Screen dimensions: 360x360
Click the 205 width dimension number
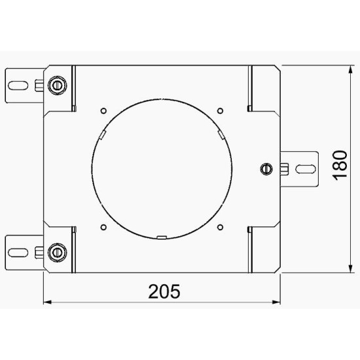tap(164, 291)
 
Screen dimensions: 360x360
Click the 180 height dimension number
tap(340, 166)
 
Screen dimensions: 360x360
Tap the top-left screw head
tap(57, 85)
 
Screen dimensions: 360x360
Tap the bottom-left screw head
tap(57, 252)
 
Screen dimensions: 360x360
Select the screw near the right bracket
tap(266, 169)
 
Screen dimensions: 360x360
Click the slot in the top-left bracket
tap(18, 86)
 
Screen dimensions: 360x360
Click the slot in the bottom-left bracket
tap(18, 253)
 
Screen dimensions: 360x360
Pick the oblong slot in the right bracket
tap(306, 170)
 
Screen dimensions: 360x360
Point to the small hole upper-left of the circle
tap(103, 111)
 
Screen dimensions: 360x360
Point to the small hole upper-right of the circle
tap(220, 111)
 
